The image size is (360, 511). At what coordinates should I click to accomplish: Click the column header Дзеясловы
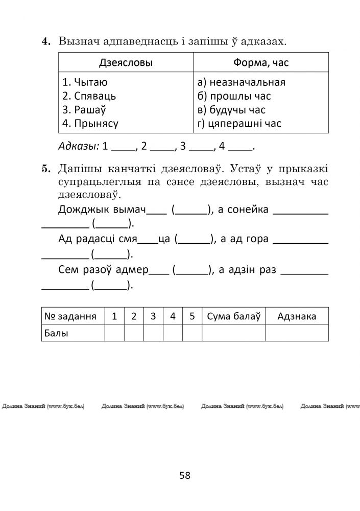click(126, 63)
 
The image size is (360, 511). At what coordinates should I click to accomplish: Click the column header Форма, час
click(260, 63)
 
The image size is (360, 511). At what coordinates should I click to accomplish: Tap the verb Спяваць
click(89, 96)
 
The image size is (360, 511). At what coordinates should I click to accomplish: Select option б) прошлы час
click(234, 96)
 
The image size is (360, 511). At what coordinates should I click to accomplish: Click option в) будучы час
click(231, 110)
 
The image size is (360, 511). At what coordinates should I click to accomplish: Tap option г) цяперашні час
click(239, 123)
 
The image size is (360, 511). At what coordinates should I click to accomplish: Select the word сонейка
click(247, 210)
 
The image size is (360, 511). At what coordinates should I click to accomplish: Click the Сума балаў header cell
click(233, 316)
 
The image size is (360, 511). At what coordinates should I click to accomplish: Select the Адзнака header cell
click(296, 316)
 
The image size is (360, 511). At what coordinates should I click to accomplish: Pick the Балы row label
click(57, 333)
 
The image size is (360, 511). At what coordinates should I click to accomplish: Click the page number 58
click(185, 475)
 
